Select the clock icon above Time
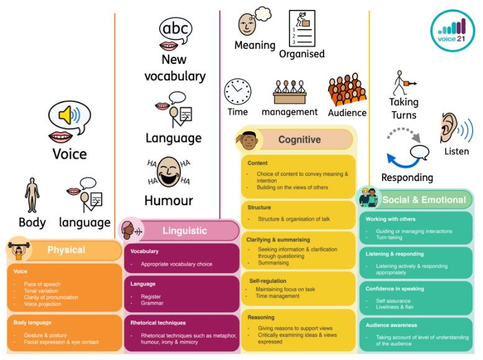tap(237, 91)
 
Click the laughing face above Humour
tap(168, 172)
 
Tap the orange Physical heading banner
tap(66, 250)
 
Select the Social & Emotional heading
tap(423, 200)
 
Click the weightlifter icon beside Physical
tap(18, 250)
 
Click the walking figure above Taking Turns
tap(403, 83)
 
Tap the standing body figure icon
tap(32, 196)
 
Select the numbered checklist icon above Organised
tap(303, 28)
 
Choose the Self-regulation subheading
tap(268, 281)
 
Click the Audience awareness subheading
tap(391, 325)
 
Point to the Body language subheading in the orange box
tap(32, 323)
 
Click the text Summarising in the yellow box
tap(273, 263)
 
